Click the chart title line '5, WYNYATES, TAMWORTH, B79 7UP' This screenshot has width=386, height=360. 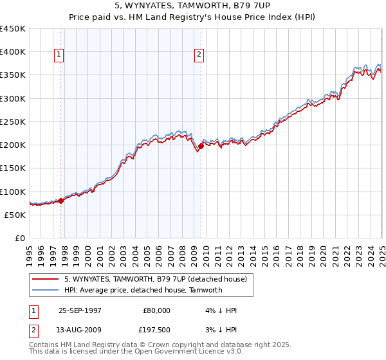(x=192, y=7)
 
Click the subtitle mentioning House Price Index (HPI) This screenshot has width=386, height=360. (x=192, y=18)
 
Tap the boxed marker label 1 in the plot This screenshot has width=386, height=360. (x=58, y=55)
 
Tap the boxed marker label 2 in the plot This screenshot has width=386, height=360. (x=199, y=55)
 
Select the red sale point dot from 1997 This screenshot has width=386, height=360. (x=61, y=201)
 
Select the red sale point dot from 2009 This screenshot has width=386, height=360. (x=201, y=146)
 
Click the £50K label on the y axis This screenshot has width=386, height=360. (x=15, y=215)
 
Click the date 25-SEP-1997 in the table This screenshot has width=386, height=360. (x=80, y=310)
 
